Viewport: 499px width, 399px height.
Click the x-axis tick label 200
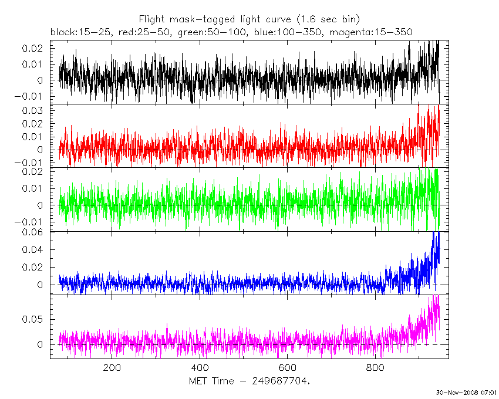112,368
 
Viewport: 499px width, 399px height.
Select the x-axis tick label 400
200,368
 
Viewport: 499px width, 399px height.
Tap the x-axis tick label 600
287,368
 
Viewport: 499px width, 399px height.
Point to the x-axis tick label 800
375,368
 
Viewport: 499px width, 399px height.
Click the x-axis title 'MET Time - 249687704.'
249,381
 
